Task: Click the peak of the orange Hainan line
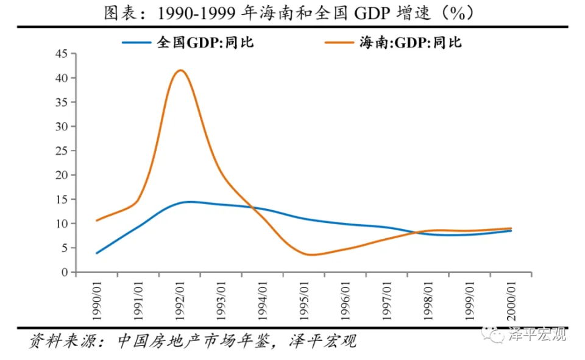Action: pos(180,70)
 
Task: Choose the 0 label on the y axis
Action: pos(64,272)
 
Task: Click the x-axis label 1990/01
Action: pos(97,300)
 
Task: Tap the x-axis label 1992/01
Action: pos(180,300)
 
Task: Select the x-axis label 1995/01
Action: pos(305,300)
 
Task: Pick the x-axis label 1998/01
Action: pos(429,300)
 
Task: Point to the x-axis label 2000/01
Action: pos(512,300)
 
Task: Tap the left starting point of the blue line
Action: pos(97,253)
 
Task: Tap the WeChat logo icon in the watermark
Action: pos(492,333)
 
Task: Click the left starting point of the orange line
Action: pos(97,221)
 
